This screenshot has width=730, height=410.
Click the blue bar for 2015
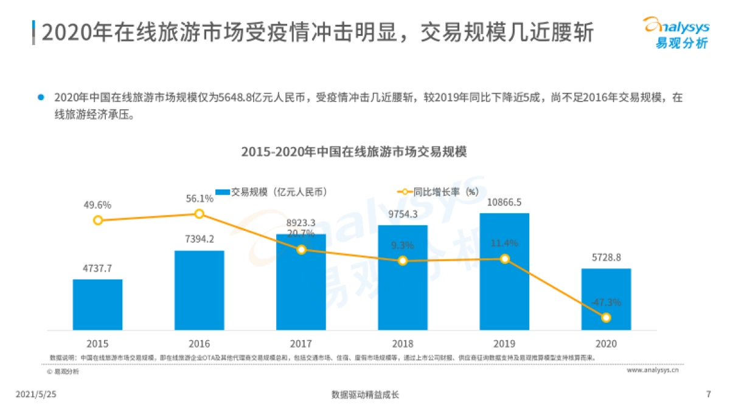click(97, 304)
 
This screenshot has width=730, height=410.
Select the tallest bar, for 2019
click(504, 272)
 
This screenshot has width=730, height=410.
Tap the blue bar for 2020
click(606, 299)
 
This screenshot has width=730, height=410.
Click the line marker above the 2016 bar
click(199, 214)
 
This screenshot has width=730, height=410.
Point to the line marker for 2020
click(606, 317)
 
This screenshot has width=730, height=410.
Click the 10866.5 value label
click(504, 203)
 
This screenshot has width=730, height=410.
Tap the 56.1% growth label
click(199, 199)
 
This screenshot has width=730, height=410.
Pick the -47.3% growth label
click(606, 302)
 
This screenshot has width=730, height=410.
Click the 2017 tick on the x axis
click(301, 343)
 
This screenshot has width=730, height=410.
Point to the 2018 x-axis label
click(403, 343)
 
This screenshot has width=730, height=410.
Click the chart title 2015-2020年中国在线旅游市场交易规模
click(353, 152)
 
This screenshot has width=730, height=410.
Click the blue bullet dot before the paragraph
click(41, 97)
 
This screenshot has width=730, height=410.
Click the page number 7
click(708, 394)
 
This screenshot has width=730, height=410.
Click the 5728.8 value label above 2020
click(606, 258)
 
